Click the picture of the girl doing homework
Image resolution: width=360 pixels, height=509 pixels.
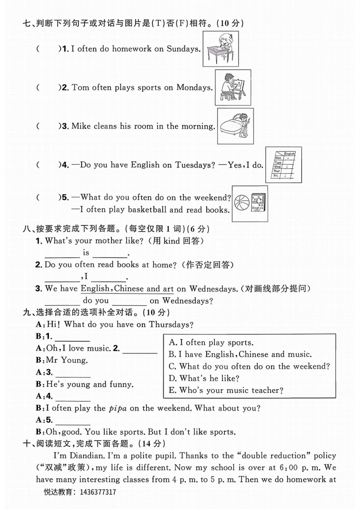coord(219,48)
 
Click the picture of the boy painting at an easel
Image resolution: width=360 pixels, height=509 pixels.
coord(233,87)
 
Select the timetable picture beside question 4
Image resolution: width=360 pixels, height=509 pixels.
coord(283,165)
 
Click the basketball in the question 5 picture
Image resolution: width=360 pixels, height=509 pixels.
coord(242,203)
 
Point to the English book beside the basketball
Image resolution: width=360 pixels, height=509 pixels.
coord(258,203)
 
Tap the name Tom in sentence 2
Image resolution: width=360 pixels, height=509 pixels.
coord(80,88)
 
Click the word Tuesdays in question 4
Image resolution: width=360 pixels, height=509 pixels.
coord(194,165)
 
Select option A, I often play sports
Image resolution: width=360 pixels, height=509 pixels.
coord(211,343)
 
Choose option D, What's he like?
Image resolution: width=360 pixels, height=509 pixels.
coord(204,378)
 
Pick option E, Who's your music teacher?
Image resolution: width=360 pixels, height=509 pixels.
coord(226,390)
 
